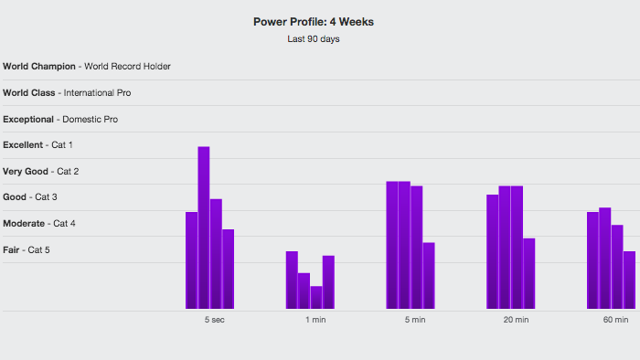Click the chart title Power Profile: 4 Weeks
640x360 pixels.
(314, 22)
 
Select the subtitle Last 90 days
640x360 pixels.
(314, 39)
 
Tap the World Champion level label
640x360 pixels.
(87, 67)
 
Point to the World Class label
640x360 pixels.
(67, 93)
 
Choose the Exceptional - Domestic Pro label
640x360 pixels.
(60, 120)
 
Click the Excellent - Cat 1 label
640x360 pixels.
(37, 145)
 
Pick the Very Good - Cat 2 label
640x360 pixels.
(41, 172)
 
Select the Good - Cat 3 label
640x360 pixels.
(30, 197)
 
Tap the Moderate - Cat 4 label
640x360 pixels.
(39, 224)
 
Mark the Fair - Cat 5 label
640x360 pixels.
(27, 250)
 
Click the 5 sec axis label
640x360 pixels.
(215, 320)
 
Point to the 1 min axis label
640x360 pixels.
(315, 320)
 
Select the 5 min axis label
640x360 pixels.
(415, 320)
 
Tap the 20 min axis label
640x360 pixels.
(516, 320)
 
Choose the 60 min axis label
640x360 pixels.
(616, 320)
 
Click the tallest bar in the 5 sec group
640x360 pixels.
(204, 228)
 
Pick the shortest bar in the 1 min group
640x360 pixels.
(316, 297)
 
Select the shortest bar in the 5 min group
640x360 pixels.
(429, 276)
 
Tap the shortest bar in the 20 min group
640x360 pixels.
(529, 273)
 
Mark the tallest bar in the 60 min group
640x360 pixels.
(605, 258)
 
